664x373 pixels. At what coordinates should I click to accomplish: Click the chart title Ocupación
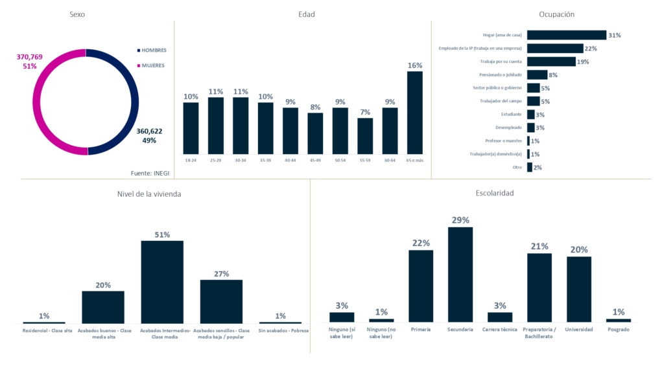click(556, 14)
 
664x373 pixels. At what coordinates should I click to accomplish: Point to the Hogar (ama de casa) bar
click(566, 35)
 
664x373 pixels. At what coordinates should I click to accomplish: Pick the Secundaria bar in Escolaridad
click(460, 275)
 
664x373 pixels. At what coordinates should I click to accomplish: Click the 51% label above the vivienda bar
click(162, 234)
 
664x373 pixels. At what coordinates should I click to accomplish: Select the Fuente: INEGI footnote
click(150, 173)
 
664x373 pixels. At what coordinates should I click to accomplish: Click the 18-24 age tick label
click(191, 159)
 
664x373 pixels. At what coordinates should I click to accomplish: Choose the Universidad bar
click(579, 289)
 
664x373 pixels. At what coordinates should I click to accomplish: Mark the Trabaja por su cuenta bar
click(551, 62)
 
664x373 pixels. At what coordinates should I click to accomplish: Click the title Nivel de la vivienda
click(158, 193)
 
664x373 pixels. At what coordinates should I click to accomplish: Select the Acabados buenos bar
click(103, 307)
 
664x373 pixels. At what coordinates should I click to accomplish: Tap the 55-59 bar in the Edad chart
click(365, 136)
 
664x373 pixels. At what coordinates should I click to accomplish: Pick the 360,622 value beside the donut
click(149, 131)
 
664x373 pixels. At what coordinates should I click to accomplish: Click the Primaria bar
click(421, 286)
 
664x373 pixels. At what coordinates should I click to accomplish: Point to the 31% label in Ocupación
click(615, 35)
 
